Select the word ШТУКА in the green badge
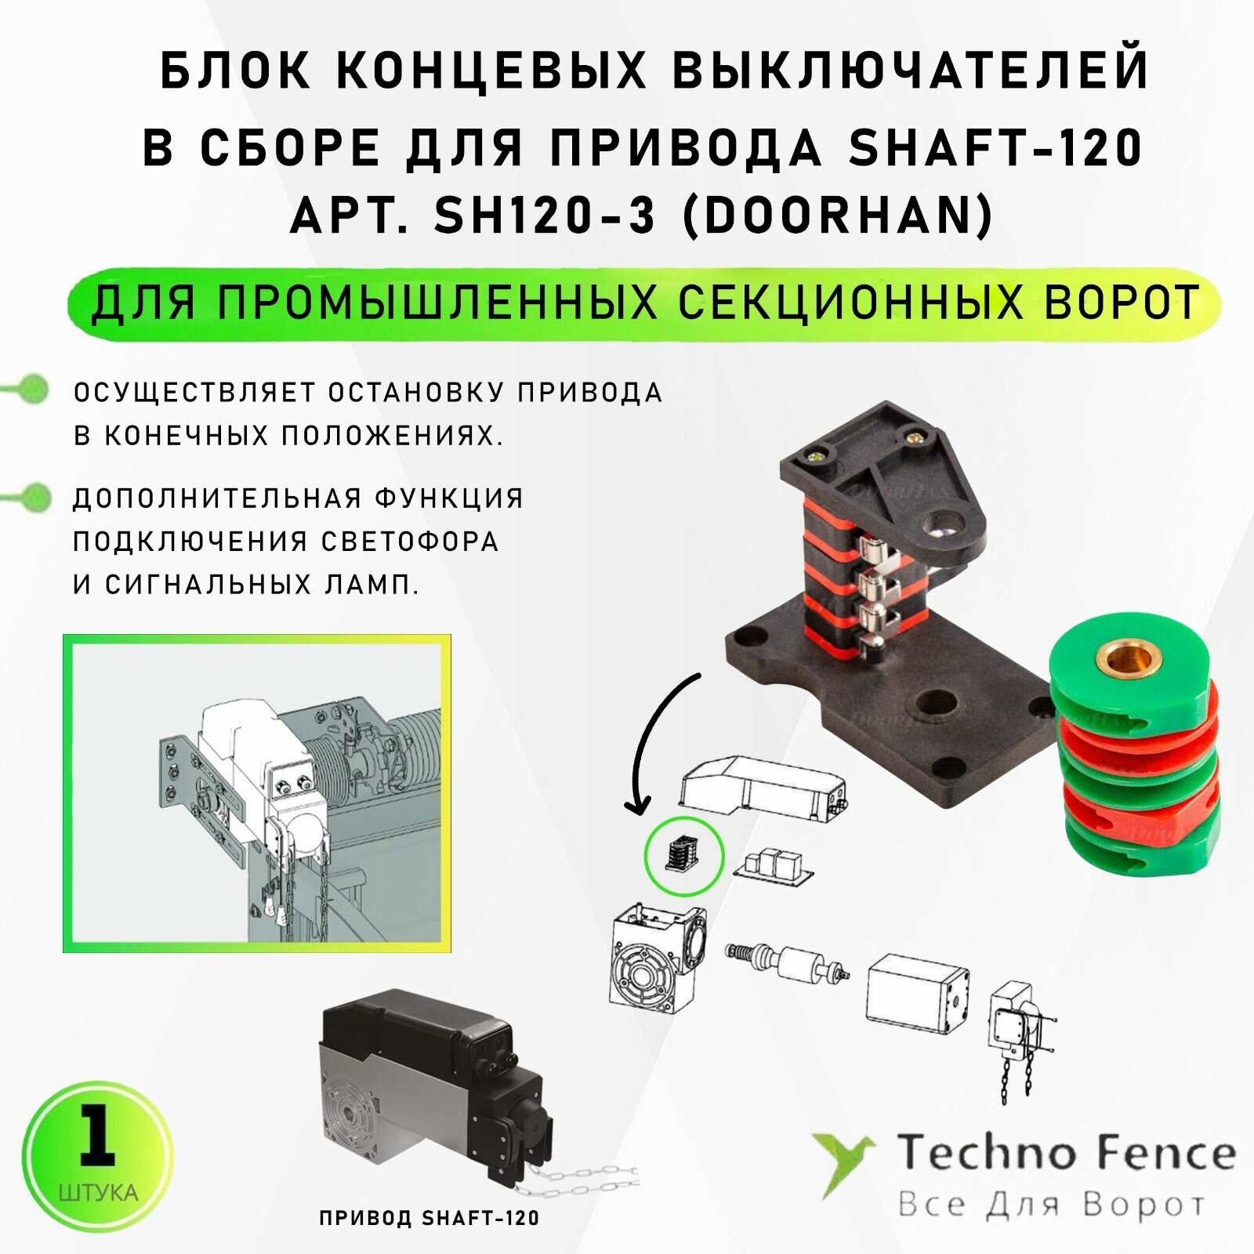point(97,1193)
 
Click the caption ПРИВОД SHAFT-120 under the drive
point(429,1218)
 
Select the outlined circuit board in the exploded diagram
point(774,868)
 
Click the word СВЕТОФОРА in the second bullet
point(409,542)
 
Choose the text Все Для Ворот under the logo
point(1050,1203)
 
